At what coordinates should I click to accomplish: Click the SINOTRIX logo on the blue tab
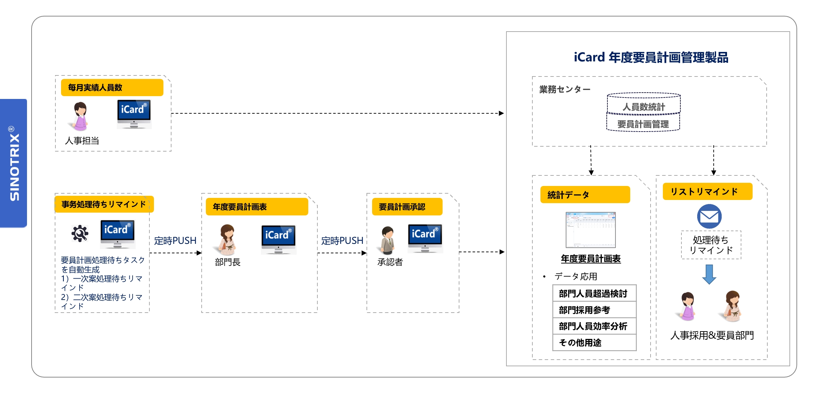[x=14, y=163]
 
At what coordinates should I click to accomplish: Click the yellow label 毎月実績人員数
[x=112, y=87]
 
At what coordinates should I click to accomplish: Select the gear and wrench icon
[x=80, y=233]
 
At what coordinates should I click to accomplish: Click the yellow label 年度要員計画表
[x=257, y=207]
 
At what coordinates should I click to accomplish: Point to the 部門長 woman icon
[x=228, y=239]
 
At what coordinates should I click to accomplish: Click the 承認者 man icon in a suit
[x=388, y=240]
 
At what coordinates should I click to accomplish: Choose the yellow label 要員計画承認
[x=407, y=207]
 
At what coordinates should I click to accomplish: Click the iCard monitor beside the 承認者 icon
[x=425, y=238]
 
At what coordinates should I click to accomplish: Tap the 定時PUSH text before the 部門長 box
[x=175, y=241]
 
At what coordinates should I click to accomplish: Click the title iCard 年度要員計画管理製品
[x=651, y=57]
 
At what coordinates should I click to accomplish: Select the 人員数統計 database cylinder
[x=644, y=103]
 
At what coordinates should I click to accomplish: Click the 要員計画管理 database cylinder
[x=643, y=123]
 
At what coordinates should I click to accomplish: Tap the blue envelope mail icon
[x=709, y=216]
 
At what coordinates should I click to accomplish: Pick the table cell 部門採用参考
[x=594, y=310]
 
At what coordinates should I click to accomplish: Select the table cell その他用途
[x=594, y=342]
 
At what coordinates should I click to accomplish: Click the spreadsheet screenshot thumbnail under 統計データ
[x=591, y=230]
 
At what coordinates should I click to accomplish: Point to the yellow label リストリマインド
[x=707, y=192]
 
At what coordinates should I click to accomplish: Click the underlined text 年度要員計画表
[x=591, y=259]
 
